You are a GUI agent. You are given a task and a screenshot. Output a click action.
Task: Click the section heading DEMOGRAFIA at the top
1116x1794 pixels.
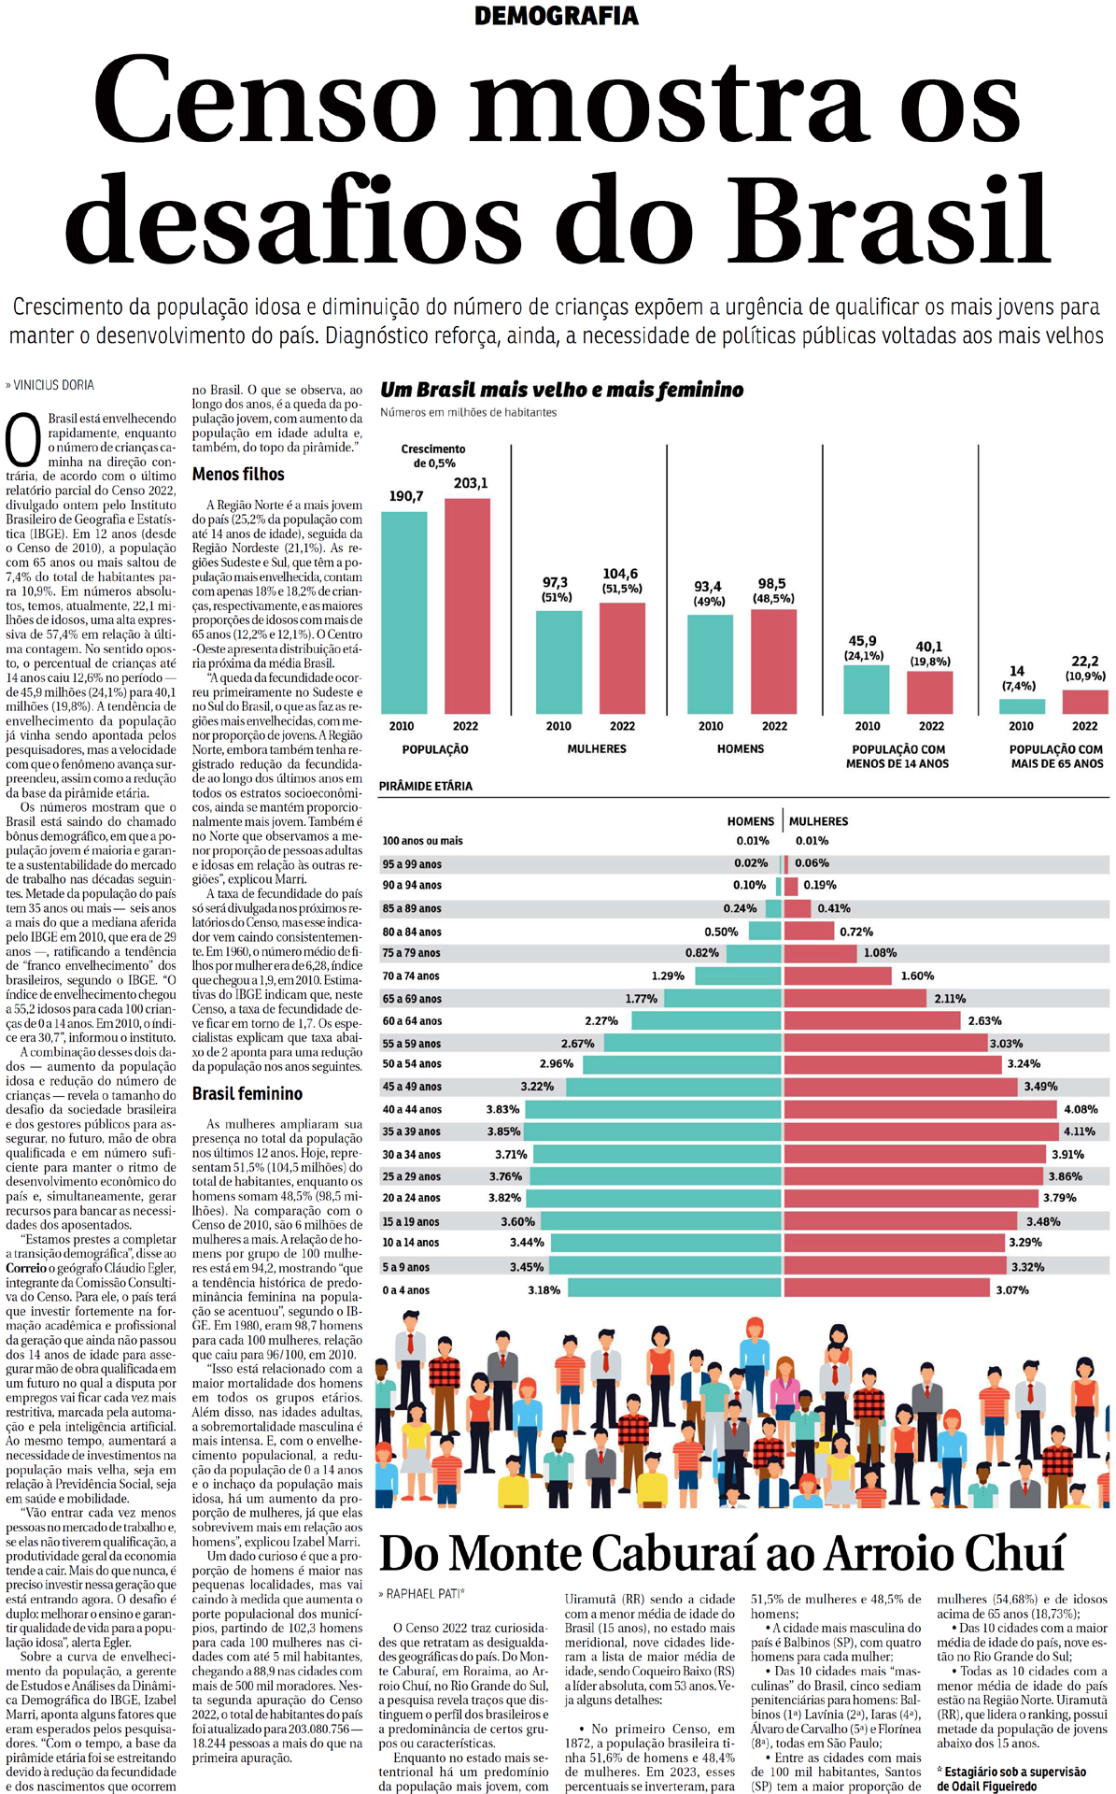pyautogui.click(x=557, y=16)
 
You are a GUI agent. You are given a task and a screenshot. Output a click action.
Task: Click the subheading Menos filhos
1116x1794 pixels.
pyautogui.click(x=238, y=474)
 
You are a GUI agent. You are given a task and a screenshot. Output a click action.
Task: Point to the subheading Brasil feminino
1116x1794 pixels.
pyautogui.click(x=247, y=1093)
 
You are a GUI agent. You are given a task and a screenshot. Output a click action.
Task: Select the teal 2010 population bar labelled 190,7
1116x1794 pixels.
pyautogui.click(x=404, y=612)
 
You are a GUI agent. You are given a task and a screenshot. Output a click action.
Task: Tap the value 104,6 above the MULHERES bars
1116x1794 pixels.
pyautogui.click(x=620, y=574)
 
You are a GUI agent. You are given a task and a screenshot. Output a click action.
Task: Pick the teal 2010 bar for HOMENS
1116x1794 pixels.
pyautogui.click(x=710, y=663)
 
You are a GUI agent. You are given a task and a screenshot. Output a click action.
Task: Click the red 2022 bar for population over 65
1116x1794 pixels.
pyautogui.click(x=1085, y=702)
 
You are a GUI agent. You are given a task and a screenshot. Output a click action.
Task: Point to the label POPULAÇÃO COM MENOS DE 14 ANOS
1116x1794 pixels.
pyautogui.click(x=897, y=756)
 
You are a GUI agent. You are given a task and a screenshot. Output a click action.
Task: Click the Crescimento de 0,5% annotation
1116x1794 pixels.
pyautogui.click(x=433, y=456)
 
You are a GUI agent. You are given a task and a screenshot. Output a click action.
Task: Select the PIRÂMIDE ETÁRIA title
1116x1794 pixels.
pyautogui.click(x=426, y=786)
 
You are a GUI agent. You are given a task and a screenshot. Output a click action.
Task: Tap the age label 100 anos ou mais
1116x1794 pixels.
pyautogui.click(x=422, y=841)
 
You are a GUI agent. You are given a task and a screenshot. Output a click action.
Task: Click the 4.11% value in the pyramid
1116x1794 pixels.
pyautogui.click(x=1080, y=1132)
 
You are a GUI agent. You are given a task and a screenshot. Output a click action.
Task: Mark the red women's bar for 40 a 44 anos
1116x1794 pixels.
pyautogui.click(x=921, y=1109)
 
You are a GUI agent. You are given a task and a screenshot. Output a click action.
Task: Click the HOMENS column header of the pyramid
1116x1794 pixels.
pyautogui.click(x=750, y=821)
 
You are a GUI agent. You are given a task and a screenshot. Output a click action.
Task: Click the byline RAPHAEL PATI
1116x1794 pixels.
pyautogui.click(x=425, y=1593)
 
